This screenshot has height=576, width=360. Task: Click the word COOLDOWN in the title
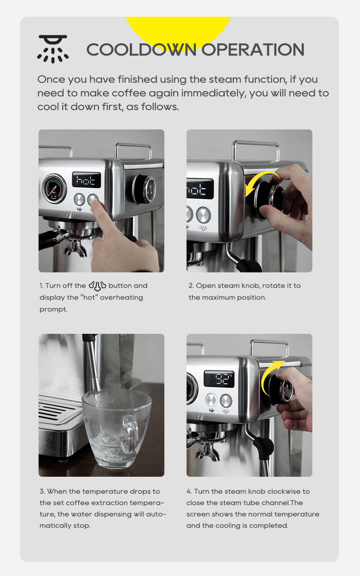141,50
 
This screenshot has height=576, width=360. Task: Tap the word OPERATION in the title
253,50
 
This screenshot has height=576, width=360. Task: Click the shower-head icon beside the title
53,49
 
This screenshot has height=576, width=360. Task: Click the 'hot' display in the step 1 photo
86,180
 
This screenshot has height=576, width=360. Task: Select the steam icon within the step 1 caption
97,286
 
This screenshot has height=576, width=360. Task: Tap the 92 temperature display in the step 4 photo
219,379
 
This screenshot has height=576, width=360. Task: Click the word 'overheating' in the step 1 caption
121,297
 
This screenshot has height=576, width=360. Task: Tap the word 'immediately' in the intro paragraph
214,93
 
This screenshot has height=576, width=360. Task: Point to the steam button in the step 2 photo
203,215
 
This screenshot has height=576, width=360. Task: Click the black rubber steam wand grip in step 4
263,447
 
